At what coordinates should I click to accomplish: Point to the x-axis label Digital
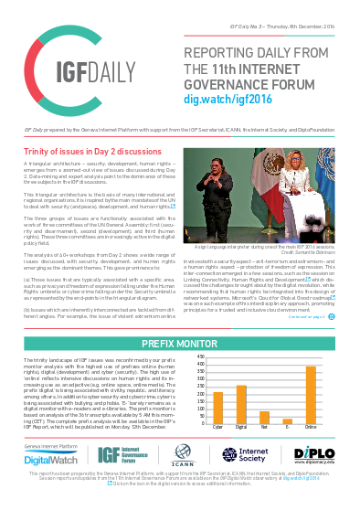241,426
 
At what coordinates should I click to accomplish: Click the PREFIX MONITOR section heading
180,343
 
